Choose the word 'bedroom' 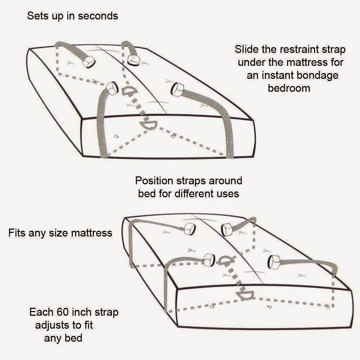tap(289, 88)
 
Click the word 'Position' tap(154, 181)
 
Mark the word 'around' tap(225, 181)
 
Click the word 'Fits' tap(17, 233)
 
